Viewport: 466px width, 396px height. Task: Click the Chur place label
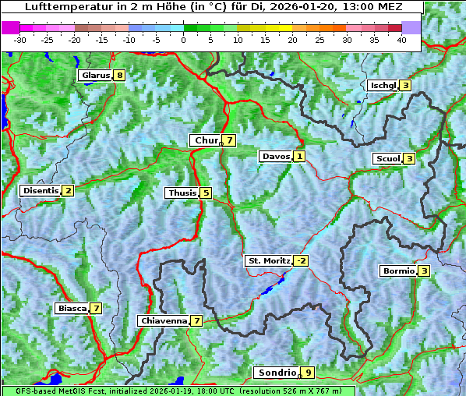pos(206,140)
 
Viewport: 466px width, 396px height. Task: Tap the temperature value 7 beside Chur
pos(230,140)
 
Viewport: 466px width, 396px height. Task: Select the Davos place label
pos(276,156)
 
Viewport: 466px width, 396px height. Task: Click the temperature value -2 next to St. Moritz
pos(301,260)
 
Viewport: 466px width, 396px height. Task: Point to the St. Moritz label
pos(268,260)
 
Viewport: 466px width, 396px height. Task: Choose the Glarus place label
pos(94,76)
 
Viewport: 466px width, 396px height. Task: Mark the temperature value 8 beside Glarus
pos(118,76)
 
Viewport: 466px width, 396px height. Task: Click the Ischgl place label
pos(383,85)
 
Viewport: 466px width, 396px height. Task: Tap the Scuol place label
pos(387,158)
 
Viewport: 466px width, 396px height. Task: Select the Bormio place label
pos(397,271)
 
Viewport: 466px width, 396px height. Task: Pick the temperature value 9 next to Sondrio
pos(309,373)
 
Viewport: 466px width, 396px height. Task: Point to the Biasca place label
pos(72,308)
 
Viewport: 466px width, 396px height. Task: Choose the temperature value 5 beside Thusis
pos(206,193)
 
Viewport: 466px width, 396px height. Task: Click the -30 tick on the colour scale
pos(19,39)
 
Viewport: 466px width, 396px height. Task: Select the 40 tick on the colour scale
pos(401,39)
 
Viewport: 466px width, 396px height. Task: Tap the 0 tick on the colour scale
pos(184,39)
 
